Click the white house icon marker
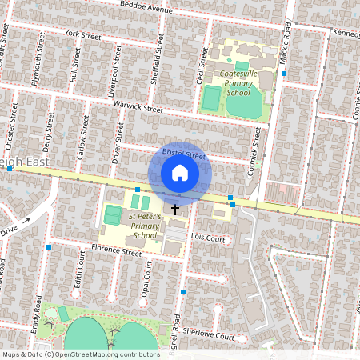[x=180, y=173]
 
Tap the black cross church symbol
[x=175, y=208]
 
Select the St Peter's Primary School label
[x=145, y=226]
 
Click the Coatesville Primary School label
[x=238, y=82]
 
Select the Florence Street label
[x=116, y=251]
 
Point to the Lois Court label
[x=210, y=238]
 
